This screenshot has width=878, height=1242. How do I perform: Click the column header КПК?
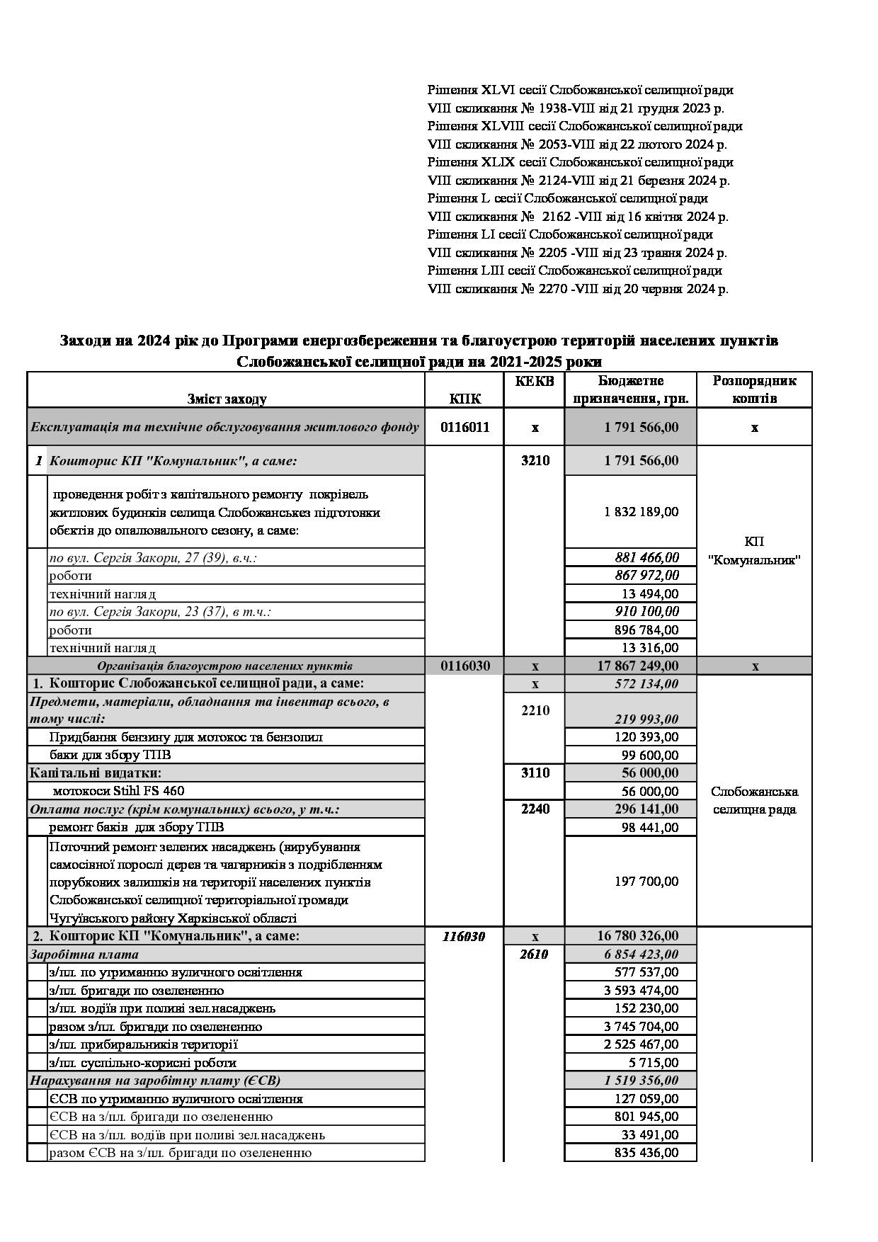(x=464, y=399)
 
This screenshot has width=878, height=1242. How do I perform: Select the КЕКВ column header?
(x=535, y=381)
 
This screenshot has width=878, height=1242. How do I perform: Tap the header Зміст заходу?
(x=227, y=399)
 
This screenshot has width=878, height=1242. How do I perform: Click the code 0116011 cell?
(x=464, y=427)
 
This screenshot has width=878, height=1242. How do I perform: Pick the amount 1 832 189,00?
(x=642, y=511)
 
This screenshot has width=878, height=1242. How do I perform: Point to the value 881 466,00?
(x=646, y=557)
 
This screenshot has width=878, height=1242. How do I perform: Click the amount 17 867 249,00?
(x=637, y=666)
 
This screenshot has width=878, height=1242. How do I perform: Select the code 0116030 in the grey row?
(x=464, y=666)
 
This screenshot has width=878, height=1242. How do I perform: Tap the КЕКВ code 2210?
(x=535, y=710)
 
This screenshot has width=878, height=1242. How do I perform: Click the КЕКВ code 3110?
(x=535, y=773)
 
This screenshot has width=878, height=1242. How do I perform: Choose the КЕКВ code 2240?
(x=535, y=809)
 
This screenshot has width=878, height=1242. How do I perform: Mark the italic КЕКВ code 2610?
(x=535, y=954)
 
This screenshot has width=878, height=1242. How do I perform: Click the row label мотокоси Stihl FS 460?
(x=118, y=791)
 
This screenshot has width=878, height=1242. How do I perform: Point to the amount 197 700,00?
(x=646, y=881)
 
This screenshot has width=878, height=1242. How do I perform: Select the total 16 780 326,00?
(x=637, y=936)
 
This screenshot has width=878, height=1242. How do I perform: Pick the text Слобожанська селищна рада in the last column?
(x=754, y=800)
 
